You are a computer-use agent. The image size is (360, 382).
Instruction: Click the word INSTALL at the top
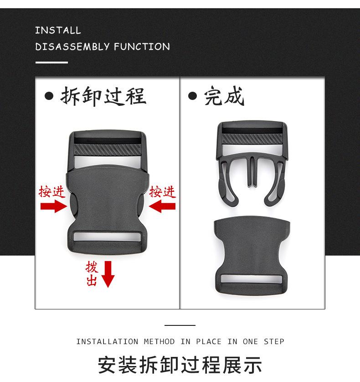point(58,31)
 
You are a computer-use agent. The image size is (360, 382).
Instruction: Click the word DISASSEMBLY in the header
point(72,47)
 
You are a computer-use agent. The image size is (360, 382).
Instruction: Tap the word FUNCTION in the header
point(142,47)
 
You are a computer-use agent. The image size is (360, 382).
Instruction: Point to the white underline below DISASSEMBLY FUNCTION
point(51,63)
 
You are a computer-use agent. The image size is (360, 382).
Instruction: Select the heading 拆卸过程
point(103,96)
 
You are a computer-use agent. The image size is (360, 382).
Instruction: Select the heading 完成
point(224,96)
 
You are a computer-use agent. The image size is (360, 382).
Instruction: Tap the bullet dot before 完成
point(193,96)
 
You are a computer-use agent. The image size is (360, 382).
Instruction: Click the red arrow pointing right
point(53,207)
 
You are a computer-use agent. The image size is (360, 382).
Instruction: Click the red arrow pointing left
point(162,207)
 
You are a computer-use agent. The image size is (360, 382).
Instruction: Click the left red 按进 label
point(51,192)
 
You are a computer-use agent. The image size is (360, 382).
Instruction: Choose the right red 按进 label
point(163,192)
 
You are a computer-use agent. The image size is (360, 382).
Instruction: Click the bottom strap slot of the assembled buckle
point(107,237)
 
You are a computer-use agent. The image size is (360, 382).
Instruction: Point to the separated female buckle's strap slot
point(251,279)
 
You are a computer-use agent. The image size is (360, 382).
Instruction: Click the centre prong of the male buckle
point(252,171)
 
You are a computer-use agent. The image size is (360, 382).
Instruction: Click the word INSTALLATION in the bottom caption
point(107,341)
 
